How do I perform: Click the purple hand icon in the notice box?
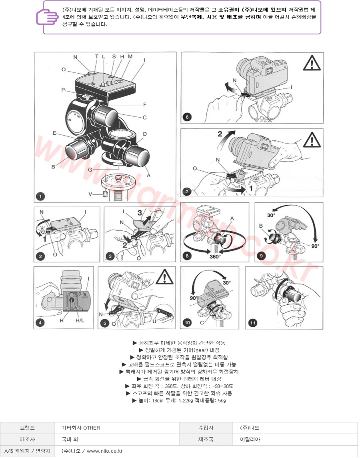click(47, 17)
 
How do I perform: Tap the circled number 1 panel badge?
click(40, 196)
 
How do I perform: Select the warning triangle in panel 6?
click(312, 63)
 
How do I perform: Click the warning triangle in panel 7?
click(312, 140)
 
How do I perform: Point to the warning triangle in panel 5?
click(164, 277)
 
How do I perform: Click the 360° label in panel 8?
click(215, 257)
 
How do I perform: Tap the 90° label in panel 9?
click(315, 246)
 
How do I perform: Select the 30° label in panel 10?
click(227, 282)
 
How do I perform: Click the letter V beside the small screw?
click(90, 194)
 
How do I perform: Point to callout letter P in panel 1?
click(63, 90)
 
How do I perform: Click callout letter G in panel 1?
click(90, 170)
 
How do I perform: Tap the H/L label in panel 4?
click(80, 320)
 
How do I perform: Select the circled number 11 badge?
click(252, 323)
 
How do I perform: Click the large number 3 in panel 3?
click(140, 212)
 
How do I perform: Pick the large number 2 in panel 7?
click(220, 134)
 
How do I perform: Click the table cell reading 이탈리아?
click(250, 439)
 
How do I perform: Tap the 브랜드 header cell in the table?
click(27, 428)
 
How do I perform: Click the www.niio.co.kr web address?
click(105, 451)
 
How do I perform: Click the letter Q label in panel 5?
click(114, 324)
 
